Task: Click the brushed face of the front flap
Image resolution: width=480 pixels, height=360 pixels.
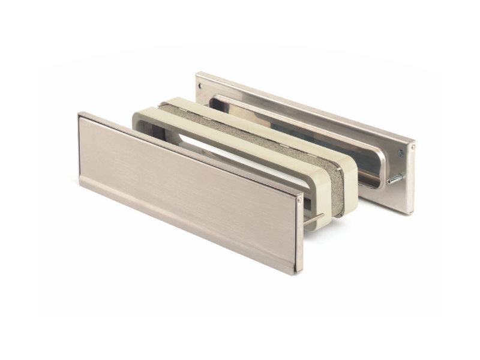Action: [180, 180]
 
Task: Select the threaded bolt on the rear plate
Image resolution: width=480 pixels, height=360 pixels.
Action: [395, 178]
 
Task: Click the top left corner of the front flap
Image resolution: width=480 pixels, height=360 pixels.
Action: [80, 115]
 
